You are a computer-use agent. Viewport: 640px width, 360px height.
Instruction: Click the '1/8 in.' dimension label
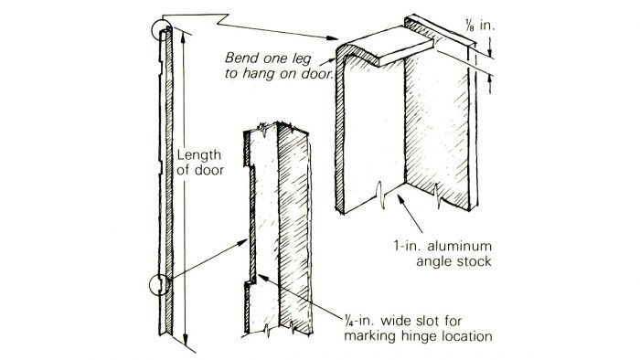(x=479, y=26)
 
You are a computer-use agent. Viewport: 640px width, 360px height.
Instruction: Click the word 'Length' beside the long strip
(x=198, y=156)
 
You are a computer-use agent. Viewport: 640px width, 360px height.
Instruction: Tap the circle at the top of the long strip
(x=160, y=30)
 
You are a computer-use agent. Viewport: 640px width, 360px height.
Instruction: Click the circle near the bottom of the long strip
(x=159, y=284)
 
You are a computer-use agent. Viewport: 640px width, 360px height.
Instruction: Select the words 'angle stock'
(x=453, y=261)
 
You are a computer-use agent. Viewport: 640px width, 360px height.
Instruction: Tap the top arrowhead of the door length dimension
(x=183, y=37)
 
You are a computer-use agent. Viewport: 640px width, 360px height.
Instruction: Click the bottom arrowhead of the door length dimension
(x=186, y=341)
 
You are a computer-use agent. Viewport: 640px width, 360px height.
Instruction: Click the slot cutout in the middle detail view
(x=251, y=224)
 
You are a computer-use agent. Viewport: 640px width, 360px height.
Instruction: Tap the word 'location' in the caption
(x=466, y=336)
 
